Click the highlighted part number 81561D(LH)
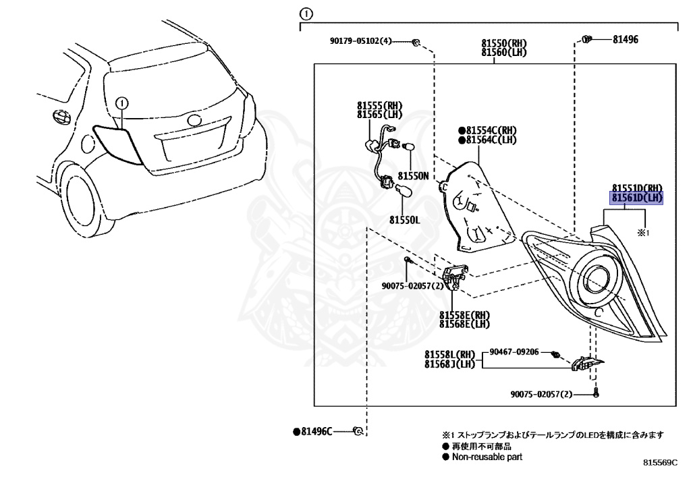637,198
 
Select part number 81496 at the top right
625,40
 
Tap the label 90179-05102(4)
360,41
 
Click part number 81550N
414,175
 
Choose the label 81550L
404,220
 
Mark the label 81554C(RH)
491,130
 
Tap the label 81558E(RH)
464,315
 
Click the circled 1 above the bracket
306,13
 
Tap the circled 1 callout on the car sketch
121,103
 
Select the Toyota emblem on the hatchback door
195,121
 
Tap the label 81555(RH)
379,106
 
